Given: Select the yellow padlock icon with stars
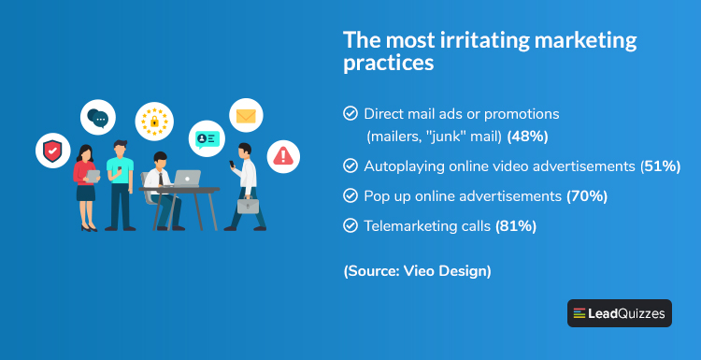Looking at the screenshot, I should click(x=153, y=121).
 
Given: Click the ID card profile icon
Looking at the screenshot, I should click(x=207, y=137).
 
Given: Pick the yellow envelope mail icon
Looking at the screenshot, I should click(x=246, y=116).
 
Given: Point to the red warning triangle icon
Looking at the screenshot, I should click(x=284, y=156).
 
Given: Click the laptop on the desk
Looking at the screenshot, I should click(x=186, y=178).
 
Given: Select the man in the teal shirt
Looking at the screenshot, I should click(x=121, y=183).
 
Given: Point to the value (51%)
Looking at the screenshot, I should click(x=659, y=166).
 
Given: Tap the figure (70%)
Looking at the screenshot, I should click(x=587, y=196).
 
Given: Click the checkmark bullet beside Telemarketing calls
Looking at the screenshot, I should click(x=350, y=226).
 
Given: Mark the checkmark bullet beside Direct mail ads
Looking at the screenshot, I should click(x=350, y=113).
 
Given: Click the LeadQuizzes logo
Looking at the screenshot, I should click(x=619, y=313).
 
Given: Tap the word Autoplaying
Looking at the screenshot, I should click(x=406, y=166).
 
